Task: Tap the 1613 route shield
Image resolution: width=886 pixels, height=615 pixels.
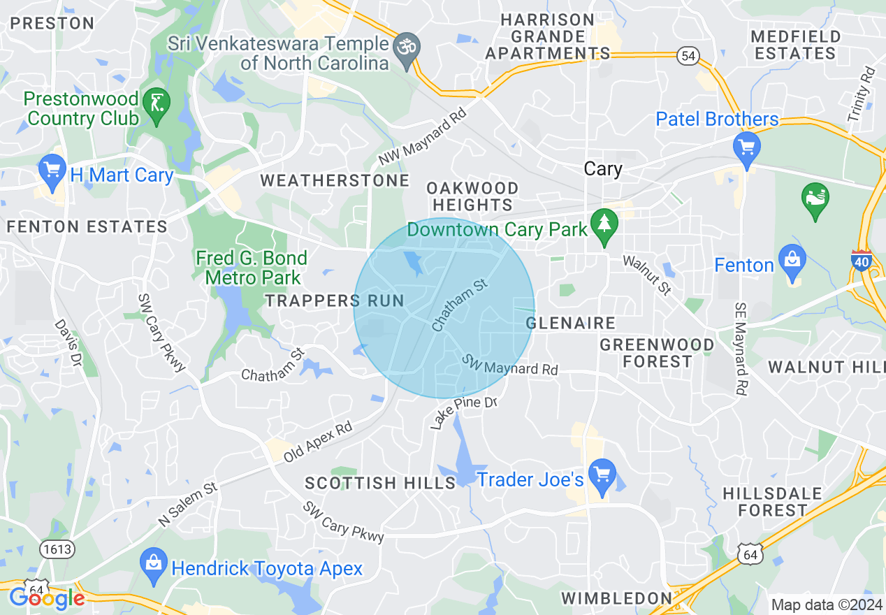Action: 57,549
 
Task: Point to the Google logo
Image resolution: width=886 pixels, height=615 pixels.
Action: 47,599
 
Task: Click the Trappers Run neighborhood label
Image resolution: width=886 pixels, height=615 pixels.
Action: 335,301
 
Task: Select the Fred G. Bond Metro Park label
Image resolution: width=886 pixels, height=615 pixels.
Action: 252,268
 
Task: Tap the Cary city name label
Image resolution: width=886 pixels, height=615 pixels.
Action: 602,170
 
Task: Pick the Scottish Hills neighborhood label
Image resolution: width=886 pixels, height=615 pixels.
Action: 380,483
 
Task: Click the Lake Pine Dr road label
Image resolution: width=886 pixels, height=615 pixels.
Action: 463,413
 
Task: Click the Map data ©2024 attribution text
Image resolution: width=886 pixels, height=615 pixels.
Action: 826,605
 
